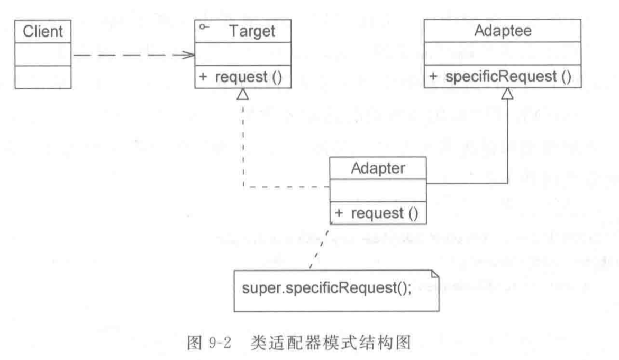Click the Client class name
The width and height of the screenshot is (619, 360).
tap(43, 31)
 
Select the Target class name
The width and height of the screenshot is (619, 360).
tap(252, 31)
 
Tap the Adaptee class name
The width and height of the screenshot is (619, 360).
tap(503, 31)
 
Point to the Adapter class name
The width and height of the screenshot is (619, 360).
tap(378, 169)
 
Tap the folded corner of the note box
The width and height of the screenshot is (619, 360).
tap(435, 274)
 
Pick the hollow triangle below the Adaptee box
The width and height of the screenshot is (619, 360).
tap(507, 94)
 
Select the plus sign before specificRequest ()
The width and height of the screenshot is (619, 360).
tap(433, 76)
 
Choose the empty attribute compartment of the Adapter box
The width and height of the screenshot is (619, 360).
tap(378, 190)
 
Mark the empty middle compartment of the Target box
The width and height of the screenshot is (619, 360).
tap(243, 55)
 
